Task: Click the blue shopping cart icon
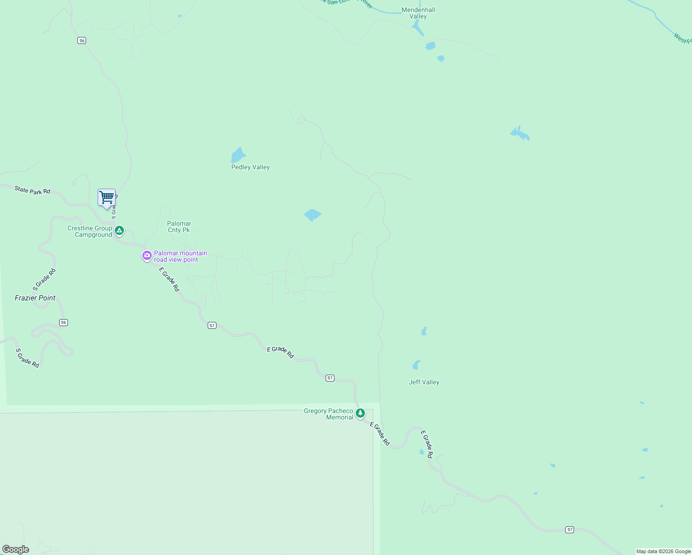coord(106,197)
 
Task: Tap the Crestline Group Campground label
coord(90,231)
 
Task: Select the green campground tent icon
coord(119,230)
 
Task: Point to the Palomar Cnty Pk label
coord(179,227)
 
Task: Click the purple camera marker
coord(147,255)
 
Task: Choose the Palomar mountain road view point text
coord(180,256)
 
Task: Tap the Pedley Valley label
coord(250,167)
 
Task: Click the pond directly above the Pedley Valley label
coord(238,155)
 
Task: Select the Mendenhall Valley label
coord(418,13)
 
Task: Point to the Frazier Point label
coord(35,298)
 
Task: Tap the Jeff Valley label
coord(424,382)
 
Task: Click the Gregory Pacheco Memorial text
coord(328,414)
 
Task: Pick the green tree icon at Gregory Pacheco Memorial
coord(360,413)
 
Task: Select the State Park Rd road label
coord(32,190)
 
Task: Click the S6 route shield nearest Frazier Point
coord(64,322)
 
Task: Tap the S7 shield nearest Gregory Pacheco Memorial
coord(330,378)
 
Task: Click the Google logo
coord(16,549)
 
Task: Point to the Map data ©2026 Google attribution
coord(663,551)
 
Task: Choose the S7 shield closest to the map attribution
coord(570,530)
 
